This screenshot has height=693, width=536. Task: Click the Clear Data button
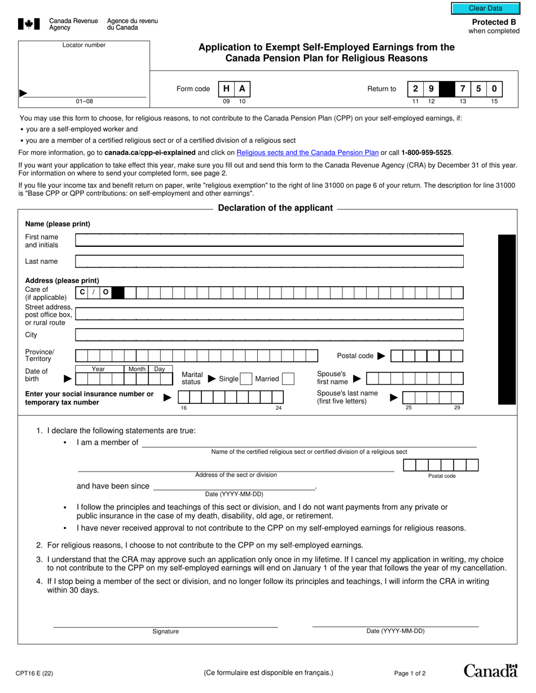click(485, 8)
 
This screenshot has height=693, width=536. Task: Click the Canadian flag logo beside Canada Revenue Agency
click(29, 24)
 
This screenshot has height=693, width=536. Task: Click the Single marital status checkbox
click(245, 379)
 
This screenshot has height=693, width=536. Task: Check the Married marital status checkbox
click(288, 379)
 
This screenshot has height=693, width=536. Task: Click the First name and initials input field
click(269, 241)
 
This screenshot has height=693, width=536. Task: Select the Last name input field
click(269, 261)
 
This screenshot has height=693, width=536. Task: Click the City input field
click(269, 335)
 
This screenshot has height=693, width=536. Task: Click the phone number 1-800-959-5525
click(426, 153)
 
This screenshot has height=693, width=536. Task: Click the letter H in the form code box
click(226, 88)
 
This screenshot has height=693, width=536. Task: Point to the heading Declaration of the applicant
click(275, 208)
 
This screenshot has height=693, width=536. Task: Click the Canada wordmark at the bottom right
click(490, 670)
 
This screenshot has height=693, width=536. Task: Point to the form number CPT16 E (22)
click(34, 673)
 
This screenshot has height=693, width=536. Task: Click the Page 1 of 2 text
click(410, 673)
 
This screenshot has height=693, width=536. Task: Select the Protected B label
click(494, 23)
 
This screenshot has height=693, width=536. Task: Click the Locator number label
click(84, 45)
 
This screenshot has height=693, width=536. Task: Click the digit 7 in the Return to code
click(463, 88)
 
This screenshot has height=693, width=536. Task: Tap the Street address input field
click(269, 314)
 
